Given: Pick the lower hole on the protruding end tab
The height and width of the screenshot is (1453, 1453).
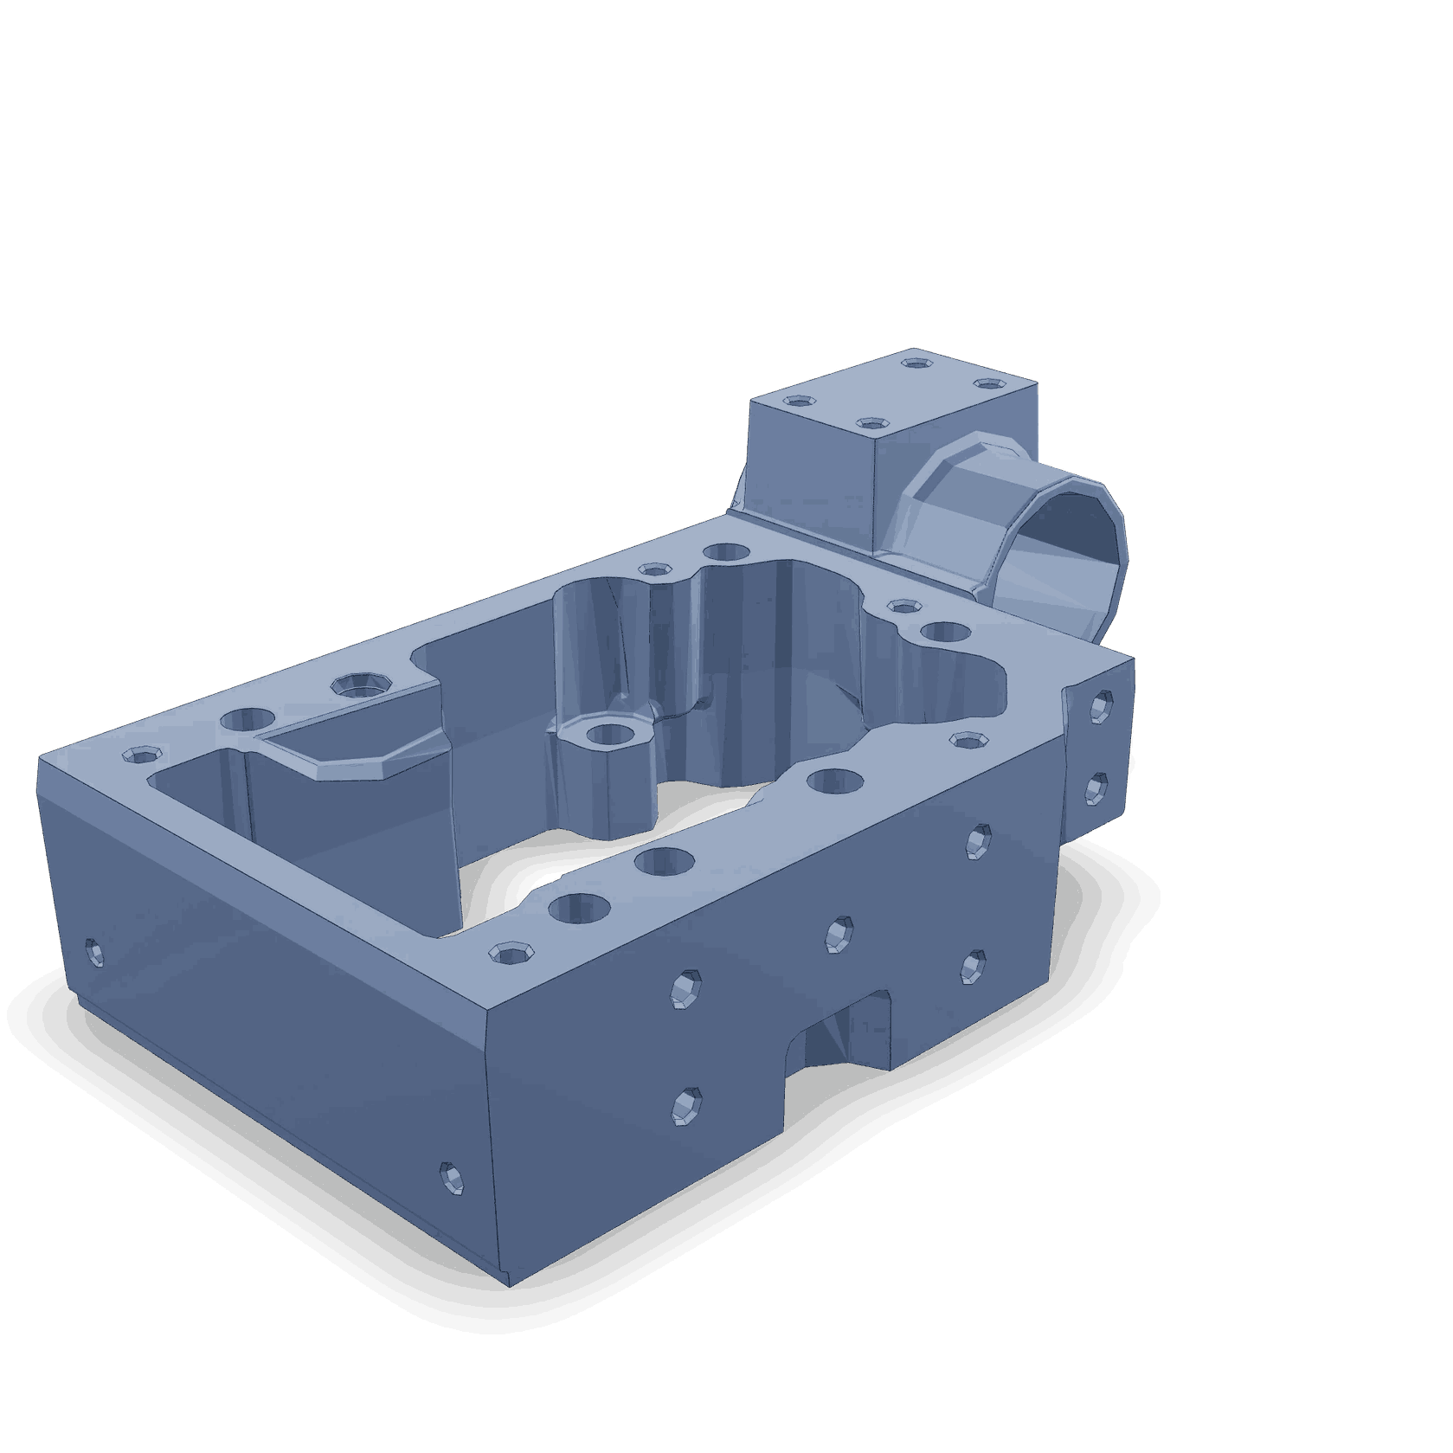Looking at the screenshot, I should coord(1096,788).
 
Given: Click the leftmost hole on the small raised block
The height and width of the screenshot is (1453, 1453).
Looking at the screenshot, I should coord(800,402).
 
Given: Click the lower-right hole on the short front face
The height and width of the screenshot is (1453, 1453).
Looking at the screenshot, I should coord(451,1179).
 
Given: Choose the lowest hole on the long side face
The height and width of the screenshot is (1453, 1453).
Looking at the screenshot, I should coord(686,1106).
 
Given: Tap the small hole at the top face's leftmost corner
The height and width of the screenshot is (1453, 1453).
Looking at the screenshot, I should coord(138,755).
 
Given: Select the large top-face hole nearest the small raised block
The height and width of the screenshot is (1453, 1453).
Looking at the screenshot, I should coord(726,552).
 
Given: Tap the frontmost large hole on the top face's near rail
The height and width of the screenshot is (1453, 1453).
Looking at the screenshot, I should coord(579,907).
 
